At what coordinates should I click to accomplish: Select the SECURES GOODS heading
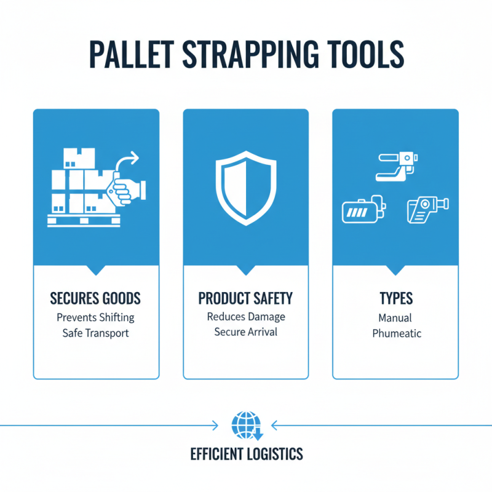pos(95,299)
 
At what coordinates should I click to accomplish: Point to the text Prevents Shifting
pos(95,318)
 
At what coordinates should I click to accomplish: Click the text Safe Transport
pos(95,333)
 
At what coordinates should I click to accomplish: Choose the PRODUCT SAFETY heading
pos(245,299)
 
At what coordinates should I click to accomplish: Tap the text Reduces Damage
pos(245,317)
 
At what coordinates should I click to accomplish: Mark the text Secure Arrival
pos(245,332)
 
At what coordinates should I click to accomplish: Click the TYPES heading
pos(395,299)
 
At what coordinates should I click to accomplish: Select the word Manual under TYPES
pos(395,318)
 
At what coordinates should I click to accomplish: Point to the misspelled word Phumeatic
pos(395,333)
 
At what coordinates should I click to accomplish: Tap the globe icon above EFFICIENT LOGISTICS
pos(245,424)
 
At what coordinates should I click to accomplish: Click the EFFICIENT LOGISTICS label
pos(246,454)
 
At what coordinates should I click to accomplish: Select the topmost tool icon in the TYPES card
pos(395,167)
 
